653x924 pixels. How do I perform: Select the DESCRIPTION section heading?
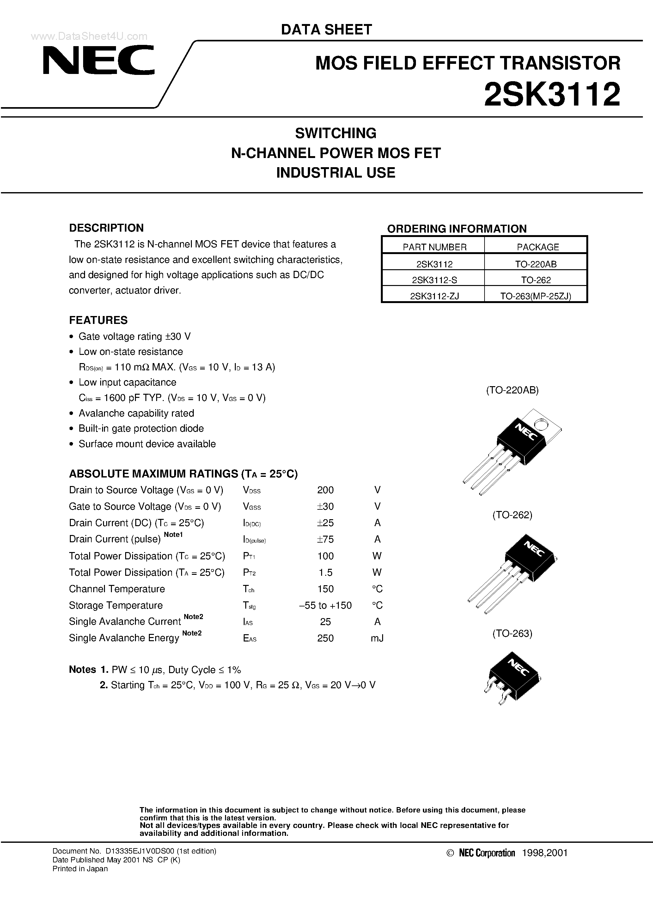click(106, 228)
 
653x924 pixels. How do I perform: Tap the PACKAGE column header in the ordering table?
click(537, 247)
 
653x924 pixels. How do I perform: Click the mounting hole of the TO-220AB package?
click(540, 425)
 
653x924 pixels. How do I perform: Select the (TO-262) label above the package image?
click(512, 515)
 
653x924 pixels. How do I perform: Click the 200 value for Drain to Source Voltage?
click(325, 490)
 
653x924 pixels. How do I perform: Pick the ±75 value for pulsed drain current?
click(325, 539)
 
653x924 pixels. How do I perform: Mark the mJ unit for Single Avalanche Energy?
click(377, 638)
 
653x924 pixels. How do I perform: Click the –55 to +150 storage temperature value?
click(325, 605)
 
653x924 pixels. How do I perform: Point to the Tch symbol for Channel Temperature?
click(248, 589)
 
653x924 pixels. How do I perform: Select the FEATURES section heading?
click(98, 320)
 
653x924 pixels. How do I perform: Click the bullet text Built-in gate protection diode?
click(141, 428)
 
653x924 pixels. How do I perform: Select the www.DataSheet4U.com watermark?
click(89, 36)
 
